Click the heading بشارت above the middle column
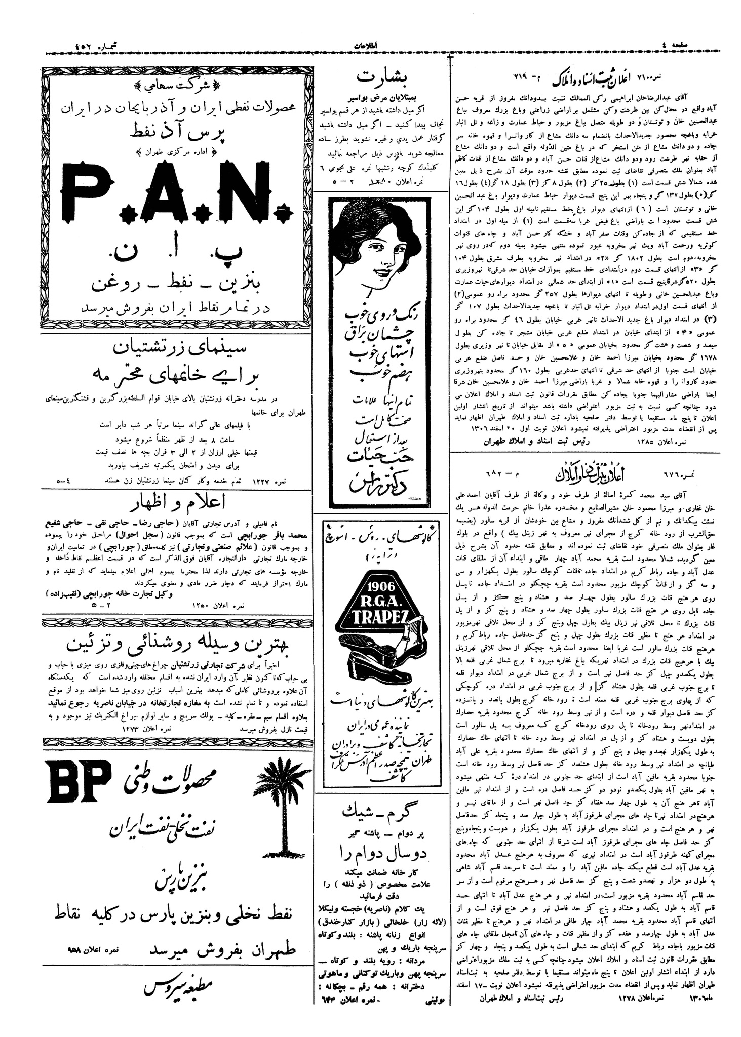(x=379, y=77)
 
